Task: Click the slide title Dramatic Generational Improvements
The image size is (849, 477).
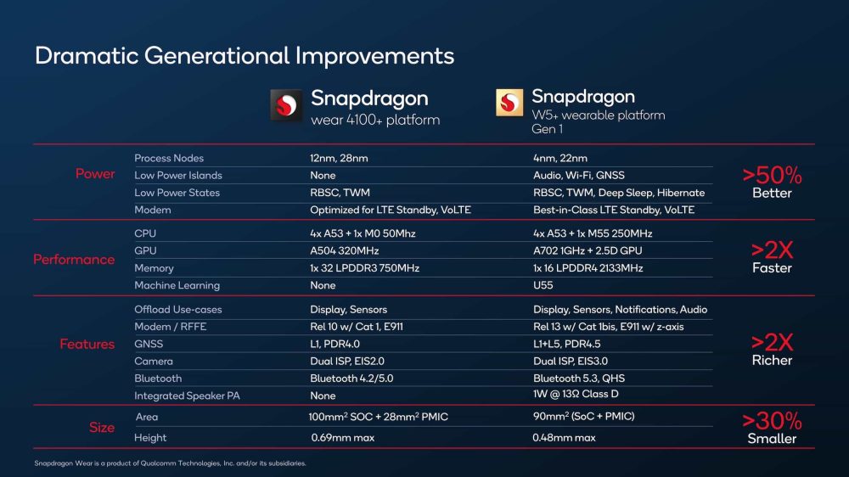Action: [245, 56]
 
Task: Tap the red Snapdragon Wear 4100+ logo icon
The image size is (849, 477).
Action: [286, 106]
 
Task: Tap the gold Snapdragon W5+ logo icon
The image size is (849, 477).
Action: [510, 103]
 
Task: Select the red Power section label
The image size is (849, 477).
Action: [95, 174]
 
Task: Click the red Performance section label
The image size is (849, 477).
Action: [74, 260]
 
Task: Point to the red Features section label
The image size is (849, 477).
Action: [87, 345]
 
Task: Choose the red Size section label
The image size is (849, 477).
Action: [101, 428]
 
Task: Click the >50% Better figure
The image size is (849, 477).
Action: [772, 182]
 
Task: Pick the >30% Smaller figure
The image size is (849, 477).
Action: [772, 428]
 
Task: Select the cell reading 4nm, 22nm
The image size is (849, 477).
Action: [559, 158]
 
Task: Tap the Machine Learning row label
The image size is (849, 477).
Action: [177, 285]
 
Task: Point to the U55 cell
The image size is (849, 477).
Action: [543, 285]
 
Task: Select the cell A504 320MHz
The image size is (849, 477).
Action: [344, 251]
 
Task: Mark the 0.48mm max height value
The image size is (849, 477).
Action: [564, 438]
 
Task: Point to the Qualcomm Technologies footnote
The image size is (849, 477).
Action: [170, 463]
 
